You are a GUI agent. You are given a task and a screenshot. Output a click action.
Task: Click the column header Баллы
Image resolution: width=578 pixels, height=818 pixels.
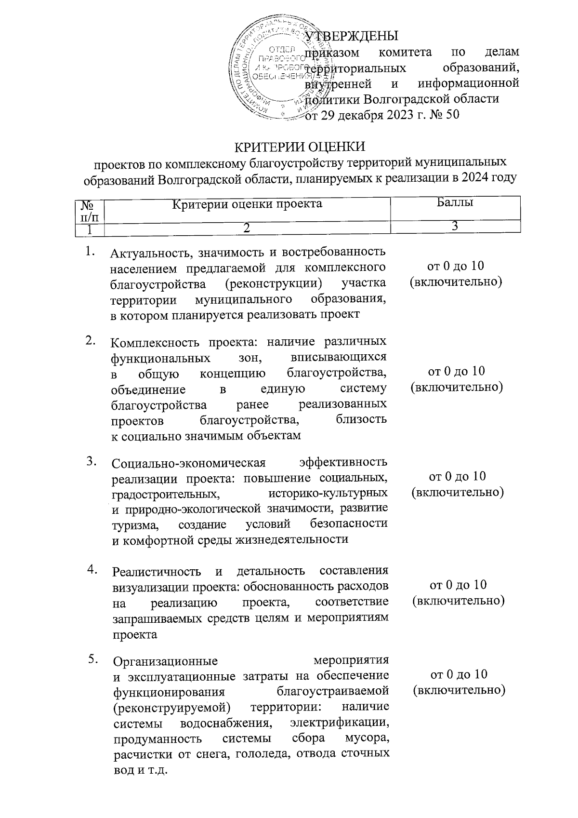455,203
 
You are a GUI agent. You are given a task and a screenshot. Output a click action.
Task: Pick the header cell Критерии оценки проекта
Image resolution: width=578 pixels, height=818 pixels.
247,204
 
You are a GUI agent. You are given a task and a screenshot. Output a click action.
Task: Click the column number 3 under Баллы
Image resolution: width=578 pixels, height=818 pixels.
455,227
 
